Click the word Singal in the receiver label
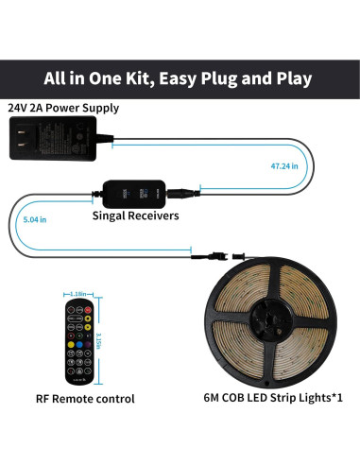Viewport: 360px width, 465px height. click(114, 215)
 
